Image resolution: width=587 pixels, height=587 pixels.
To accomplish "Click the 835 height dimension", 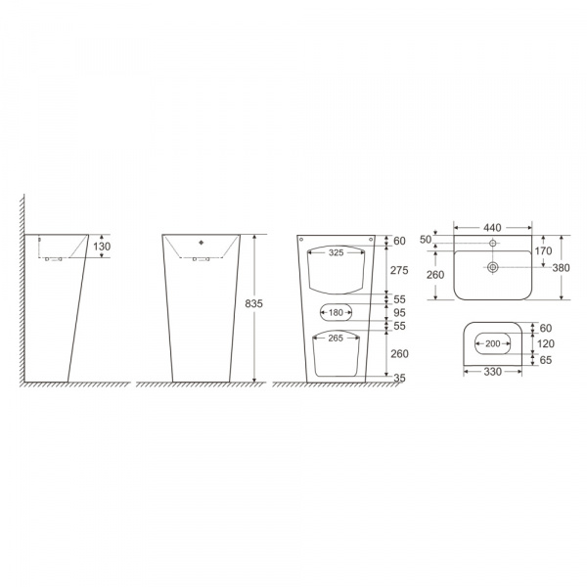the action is (253, 303).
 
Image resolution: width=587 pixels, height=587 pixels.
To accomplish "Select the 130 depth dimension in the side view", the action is (102, 247).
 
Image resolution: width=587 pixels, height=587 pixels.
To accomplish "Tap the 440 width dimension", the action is (492, 228).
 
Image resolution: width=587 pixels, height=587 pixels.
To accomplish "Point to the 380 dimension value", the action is (561, 268).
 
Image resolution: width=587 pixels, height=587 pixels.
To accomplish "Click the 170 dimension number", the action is (543, 250).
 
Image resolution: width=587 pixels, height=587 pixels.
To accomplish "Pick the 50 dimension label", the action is (426, 240).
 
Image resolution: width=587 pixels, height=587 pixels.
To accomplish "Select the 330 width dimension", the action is (493, 372).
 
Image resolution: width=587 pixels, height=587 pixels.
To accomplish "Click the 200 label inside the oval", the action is (493, 343).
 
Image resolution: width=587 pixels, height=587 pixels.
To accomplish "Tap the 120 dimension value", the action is (546, 343).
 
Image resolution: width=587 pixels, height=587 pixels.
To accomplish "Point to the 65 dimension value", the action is (546, 360).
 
